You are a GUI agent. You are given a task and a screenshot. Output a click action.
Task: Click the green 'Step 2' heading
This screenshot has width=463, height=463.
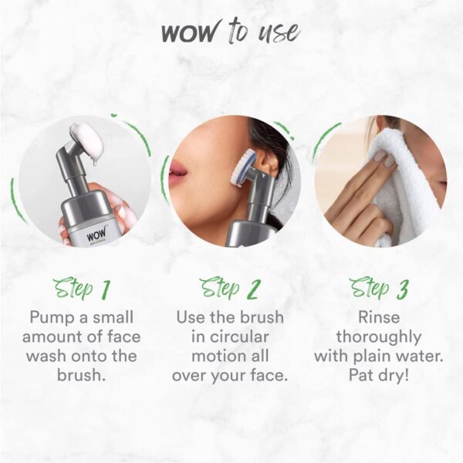click(x=230, y=289)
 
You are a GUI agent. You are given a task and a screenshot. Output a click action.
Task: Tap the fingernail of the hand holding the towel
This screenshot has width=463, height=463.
click(x=380, y=157)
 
